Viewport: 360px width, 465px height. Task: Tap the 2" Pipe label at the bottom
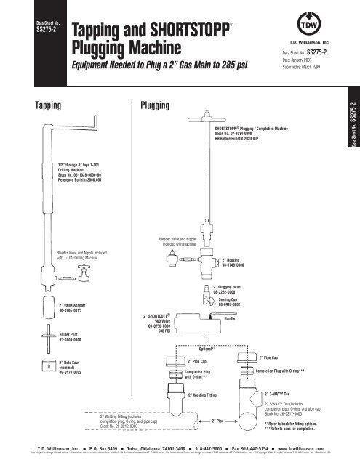(217, 420)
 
